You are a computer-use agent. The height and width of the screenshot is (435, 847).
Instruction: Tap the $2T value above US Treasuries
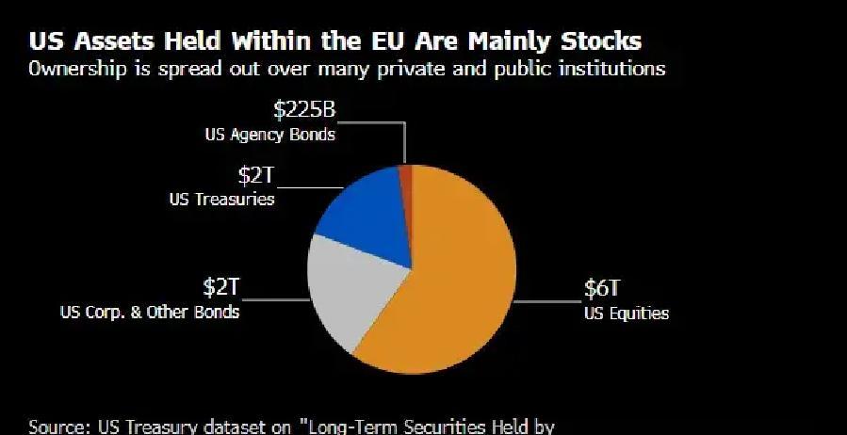(254, 175)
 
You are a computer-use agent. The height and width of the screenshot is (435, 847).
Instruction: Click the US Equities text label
(626, 314)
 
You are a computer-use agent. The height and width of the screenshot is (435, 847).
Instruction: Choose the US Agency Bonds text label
(269, 135)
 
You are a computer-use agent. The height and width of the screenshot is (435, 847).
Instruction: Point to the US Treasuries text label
(222, 199)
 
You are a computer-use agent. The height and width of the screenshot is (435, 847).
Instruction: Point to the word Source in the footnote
(58, 426)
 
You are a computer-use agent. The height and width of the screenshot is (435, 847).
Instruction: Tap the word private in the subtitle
(397, 69)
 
